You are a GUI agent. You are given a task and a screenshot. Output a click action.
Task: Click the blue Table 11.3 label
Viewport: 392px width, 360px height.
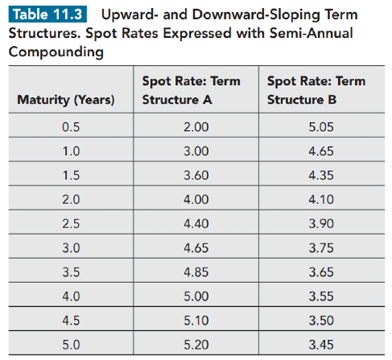pos(47,14)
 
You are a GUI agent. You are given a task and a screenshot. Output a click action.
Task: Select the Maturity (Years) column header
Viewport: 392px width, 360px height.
pos(66,100)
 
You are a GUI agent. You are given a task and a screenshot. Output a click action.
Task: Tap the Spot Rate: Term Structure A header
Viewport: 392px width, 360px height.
pos(191,90)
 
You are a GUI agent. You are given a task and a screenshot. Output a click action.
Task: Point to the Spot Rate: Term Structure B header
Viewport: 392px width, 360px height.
pos(316,90)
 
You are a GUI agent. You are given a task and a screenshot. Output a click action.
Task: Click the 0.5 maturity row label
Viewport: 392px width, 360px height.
pos(71,127)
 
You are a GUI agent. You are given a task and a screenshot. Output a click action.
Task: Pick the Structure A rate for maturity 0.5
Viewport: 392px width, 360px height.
pos(196,127)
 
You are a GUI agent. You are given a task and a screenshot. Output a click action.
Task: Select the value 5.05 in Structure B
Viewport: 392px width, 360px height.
pos(321,127)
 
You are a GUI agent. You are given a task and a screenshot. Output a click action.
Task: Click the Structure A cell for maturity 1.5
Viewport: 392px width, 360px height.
pos(196,175)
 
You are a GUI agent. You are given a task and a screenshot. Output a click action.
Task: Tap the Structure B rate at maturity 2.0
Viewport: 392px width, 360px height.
pos(321,199)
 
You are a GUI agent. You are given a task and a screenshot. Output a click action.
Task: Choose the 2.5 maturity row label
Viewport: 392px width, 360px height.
pos(71,223)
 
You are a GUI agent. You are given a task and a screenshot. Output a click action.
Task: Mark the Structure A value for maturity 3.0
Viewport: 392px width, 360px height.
pos(196,247)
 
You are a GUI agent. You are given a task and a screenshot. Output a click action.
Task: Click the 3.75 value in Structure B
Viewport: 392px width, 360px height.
pos(321,247)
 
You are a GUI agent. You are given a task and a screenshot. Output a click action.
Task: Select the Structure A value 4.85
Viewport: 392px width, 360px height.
pos(196,272)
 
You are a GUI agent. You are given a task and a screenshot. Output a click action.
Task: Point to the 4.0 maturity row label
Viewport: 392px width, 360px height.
pos(71,297)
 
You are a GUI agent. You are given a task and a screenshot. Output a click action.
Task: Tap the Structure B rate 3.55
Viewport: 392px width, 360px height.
pos(321,297)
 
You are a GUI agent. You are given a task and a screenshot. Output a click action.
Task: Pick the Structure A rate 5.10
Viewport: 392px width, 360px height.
pos(196,321)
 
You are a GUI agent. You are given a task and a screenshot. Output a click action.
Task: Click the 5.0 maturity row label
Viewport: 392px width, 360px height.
pos(71,345)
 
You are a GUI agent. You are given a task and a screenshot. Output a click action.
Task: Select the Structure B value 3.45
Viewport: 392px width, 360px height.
pos(321,345)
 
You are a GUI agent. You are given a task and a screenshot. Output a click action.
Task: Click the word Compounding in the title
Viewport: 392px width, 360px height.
pos(56,52)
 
